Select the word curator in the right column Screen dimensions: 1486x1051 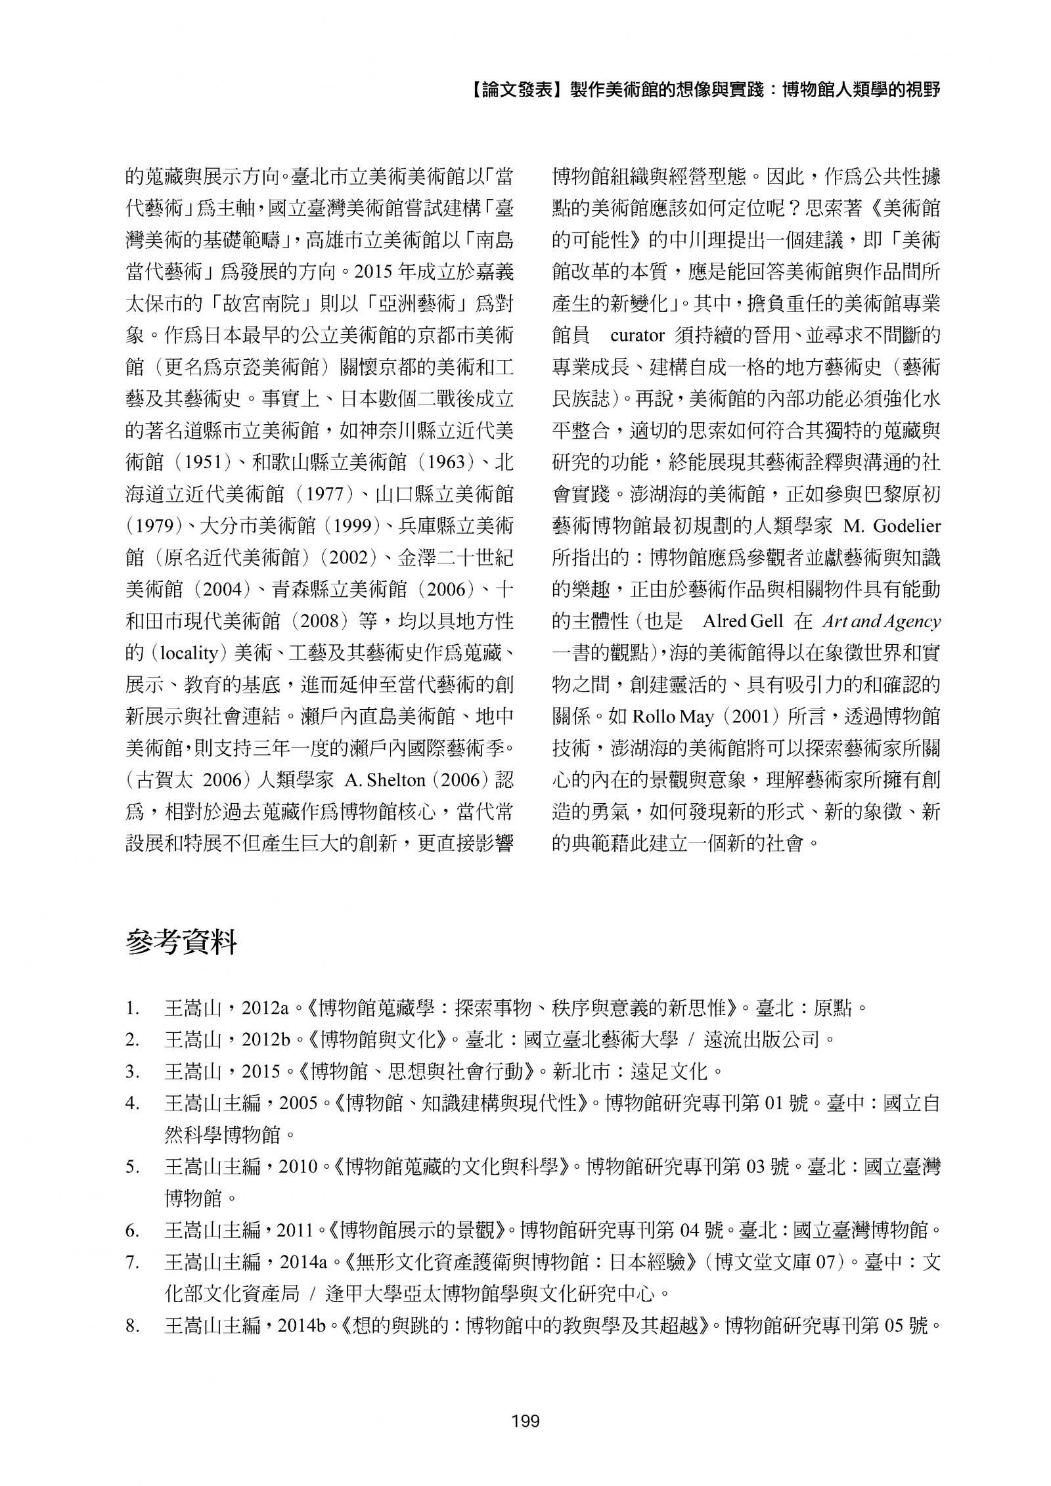638,336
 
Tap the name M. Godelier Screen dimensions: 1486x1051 887,526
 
